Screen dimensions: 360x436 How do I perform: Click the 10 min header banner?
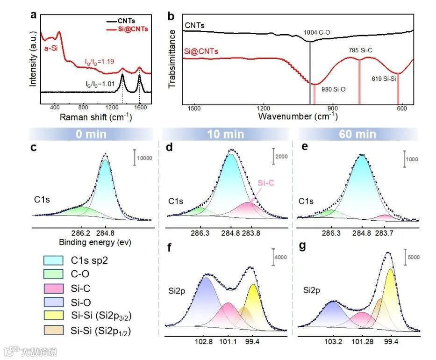226,135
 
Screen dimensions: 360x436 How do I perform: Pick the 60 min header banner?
358,135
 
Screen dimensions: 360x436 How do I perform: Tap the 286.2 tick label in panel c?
81,232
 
